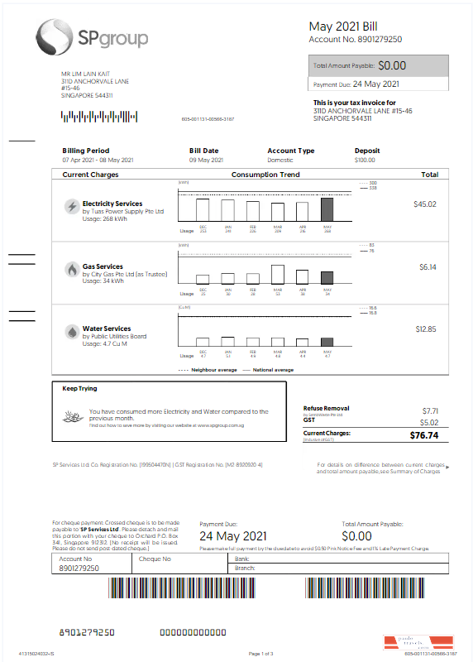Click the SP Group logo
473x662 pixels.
coord(91,36)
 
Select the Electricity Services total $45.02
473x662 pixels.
coord(425,204)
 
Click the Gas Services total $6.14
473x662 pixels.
coord(427,267)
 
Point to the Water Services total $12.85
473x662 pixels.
coord(425,329)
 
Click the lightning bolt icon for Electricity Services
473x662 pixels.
coord(72,207)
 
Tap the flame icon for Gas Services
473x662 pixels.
coord(72,270)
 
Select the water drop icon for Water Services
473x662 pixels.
coord(72,332)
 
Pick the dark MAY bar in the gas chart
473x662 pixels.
coord(327,277)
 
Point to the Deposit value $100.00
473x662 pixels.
coord(365,160)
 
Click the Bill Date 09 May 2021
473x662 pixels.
coord(206,160)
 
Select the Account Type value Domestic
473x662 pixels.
coord(280,160)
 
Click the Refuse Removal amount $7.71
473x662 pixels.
coord(428,410)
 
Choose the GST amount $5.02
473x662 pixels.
coord(428,422)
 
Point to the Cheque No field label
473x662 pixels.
coord(155,559)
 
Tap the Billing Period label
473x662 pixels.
coord(85,151)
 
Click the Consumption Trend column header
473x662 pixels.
coord(265,175)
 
